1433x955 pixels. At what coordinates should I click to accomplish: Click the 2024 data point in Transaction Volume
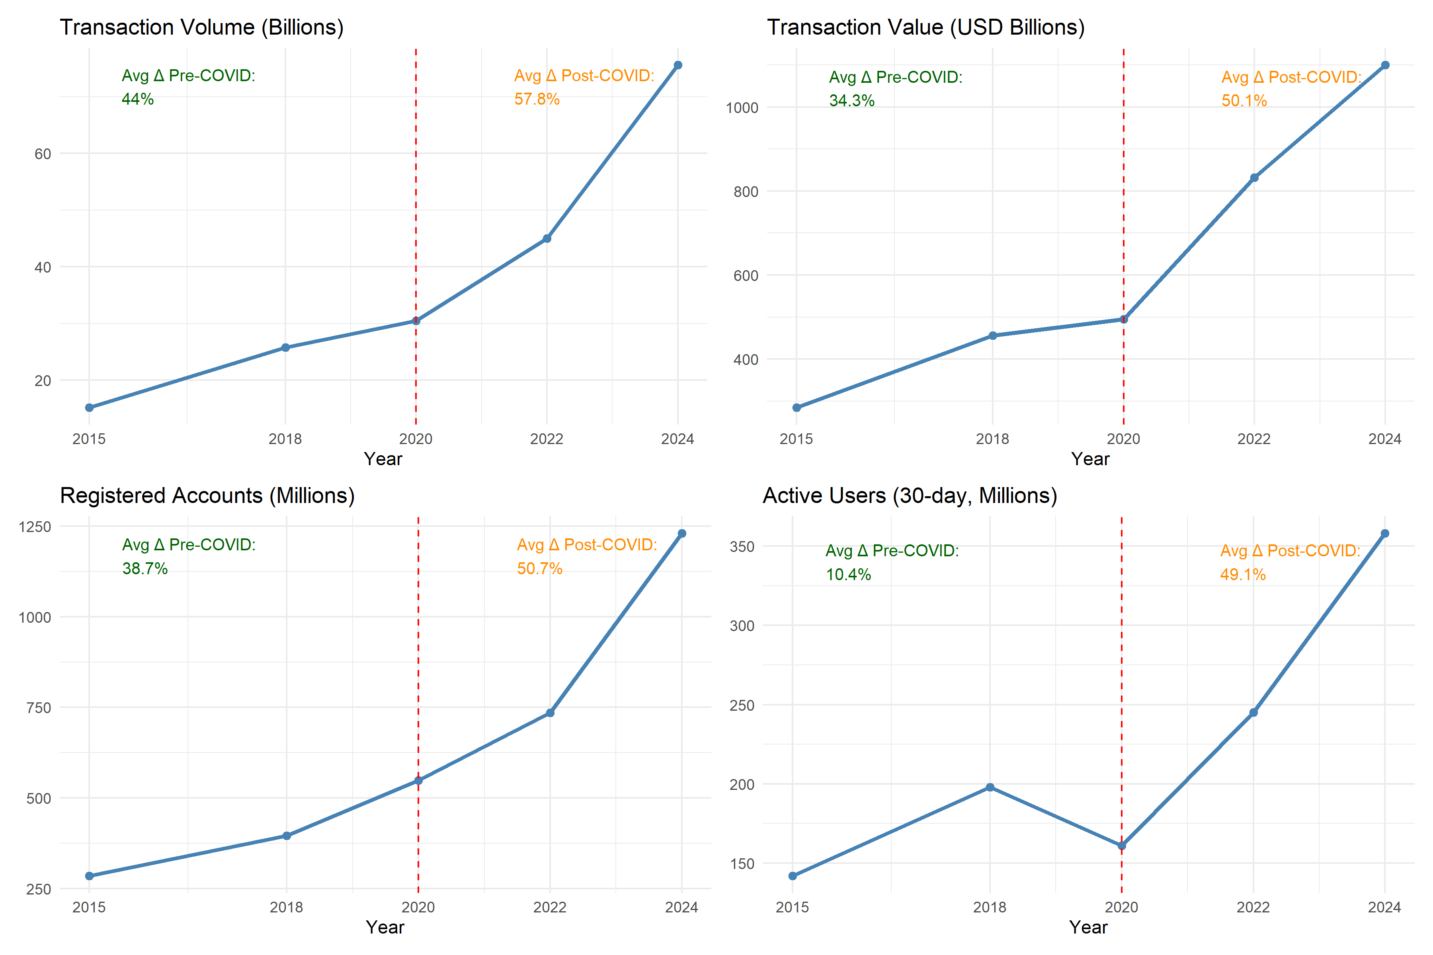[x=677, y=65]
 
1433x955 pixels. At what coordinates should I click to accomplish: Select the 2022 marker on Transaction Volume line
[x=547, y=239]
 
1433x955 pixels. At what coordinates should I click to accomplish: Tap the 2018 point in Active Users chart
[x=990, y=787]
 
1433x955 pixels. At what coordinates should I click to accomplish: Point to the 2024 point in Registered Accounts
[x=682, y=534]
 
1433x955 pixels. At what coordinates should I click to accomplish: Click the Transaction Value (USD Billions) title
[x=925, y=27]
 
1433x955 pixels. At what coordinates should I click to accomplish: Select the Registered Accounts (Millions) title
[x=207, y=496]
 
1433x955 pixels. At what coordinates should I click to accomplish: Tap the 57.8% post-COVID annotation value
[x=537, y=99]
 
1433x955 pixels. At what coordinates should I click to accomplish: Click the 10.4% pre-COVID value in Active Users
[x=848, y=574]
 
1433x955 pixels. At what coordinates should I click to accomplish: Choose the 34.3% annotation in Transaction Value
[x=851, y=101]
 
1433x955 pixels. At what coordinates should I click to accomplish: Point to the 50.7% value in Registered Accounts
[x=539, y=568]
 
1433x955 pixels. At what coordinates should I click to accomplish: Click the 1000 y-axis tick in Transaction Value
[x=742, y=108]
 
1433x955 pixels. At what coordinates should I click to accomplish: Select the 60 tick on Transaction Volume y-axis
[x=43, y=154]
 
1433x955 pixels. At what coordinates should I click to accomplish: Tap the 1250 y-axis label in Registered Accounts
[x=35, y=527]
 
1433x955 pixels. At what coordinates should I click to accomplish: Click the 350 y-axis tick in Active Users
[x=742, y=547]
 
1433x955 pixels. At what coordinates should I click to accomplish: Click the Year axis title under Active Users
[x=1088, y=927]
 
